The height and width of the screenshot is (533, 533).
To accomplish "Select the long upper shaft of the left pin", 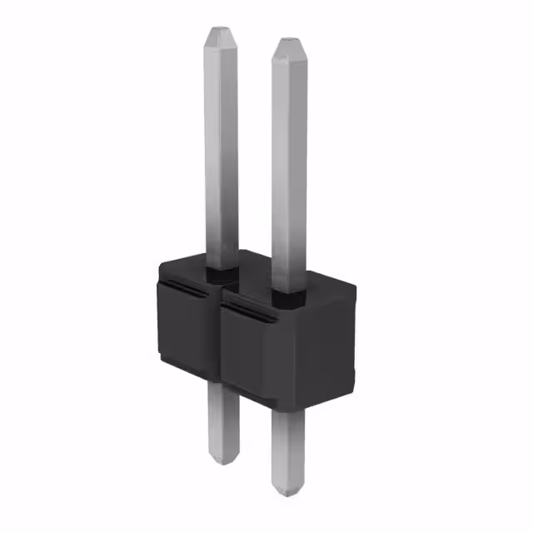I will [222, 150].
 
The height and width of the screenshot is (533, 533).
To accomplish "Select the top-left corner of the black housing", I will [160, 265].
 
